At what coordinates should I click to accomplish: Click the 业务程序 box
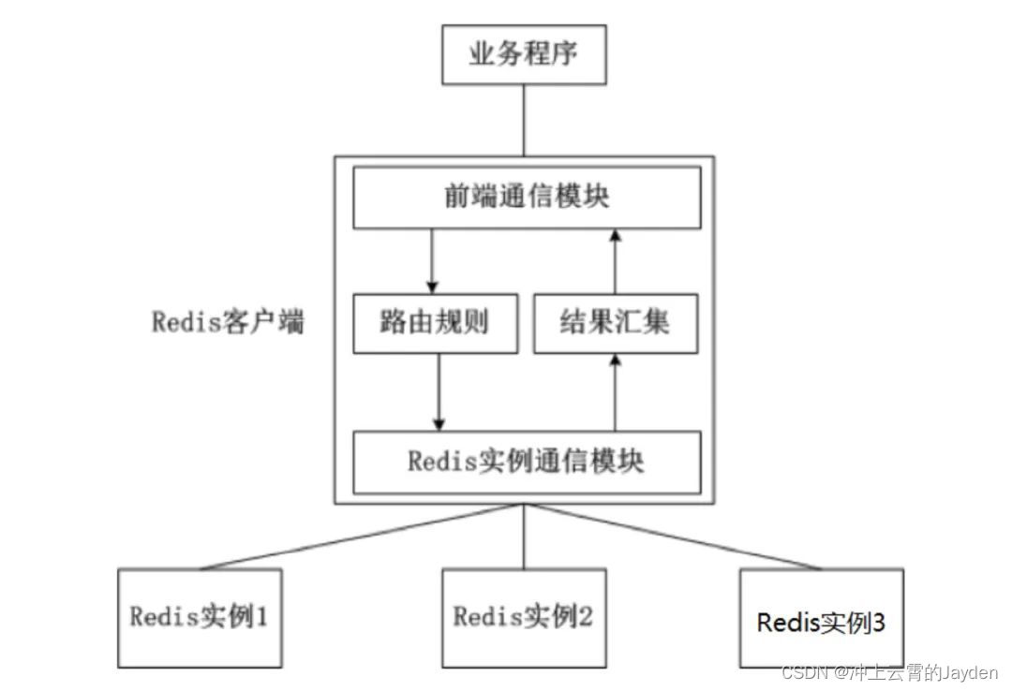click(524, 54)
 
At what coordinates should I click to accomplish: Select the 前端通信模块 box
click(526, 198)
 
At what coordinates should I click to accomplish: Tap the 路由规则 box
click(435, 323)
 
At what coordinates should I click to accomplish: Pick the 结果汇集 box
click(616, 323)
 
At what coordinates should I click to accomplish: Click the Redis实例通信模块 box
click(526, 463)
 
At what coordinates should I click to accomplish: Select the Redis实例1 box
click(200, 618)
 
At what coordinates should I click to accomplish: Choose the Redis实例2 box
click(523, 618)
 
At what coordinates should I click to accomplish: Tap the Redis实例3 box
click(821, 622)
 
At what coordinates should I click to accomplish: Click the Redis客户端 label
click(228, 323)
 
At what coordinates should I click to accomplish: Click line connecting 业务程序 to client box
click(524, 120)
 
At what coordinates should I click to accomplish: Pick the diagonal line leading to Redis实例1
click(356, 537)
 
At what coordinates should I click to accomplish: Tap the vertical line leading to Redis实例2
click(524, 536)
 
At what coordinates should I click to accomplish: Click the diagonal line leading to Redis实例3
click(675, 537)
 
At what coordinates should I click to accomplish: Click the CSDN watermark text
click(801, 673)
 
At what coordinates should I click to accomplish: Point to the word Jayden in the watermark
click(971, 673)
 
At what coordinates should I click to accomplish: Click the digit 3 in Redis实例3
click(878, 622)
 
